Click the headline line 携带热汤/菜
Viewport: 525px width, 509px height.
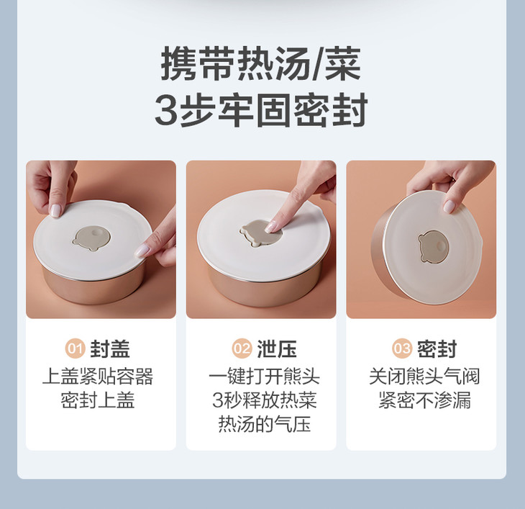pyautogui.click(x=261, y=63)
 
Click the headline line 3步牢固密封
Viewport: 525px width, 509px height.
pyautogui.click(x=261, y=110)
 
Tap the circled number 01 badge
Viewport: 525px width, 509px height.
pyautogui.click(x=75, y=348)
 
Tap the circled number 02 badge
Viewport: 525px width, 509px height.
pyautogui.click(x=242, y=348)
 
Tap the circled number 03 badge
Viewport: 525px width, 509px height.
pyautogui.click(x=402, y=348)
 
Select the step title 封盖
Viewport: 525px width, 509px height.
pyautogui.click(x=110, y=349)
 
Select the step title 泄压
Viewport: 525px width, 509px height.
pyautogui.click(x=277, y=349)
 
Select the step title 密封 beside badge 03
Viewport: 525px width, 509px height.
pyautogui.click(x=437, y=349)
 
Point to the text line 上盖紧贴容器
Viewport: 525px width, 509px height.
pyautogui.click(x=98, y=377)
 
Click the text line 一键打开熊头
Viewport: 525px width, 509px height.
pyautogui.click(x=264, y=377)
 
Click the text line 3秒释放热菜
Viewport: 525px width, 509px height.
pyautogui.click(x=265, y=400)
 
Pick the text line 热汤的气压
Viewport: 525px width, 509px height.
pyautogui.click(x=265, y=424)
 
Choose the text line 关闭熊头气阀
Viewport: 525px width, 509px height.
pyautogui.click(x=424, y=377)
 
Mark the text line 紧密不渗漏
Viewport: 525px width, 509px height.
pyautogui.click(x=424, y=400)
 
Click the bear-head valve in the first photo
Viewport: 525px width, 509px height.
pyautogui.click(x=92, y=238)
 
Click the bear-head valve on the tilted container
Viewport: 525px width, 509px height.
pyautogui.click(x=432, y=247)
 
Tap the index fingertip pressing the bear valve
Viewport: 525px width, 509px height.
pyautogui.click(x=270, y=228)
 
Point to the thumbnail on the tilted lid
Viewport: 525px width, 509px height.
pyautogui.click(x=449, y=206)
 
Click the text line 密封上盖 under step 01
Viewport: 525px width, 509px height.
pyautogui.click(x=98, y=400)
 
